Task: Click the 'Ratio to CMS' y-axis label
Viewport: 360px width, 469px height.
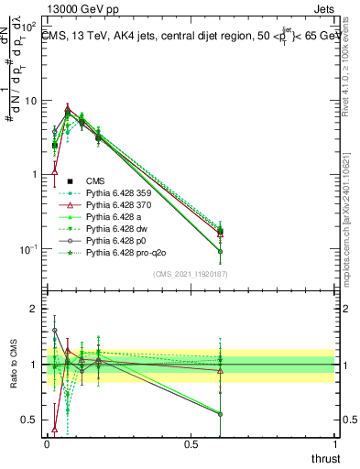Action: click(12, 365)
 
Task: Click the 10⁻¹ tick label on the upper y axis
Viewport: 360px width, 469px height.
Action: click(29, 249)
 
